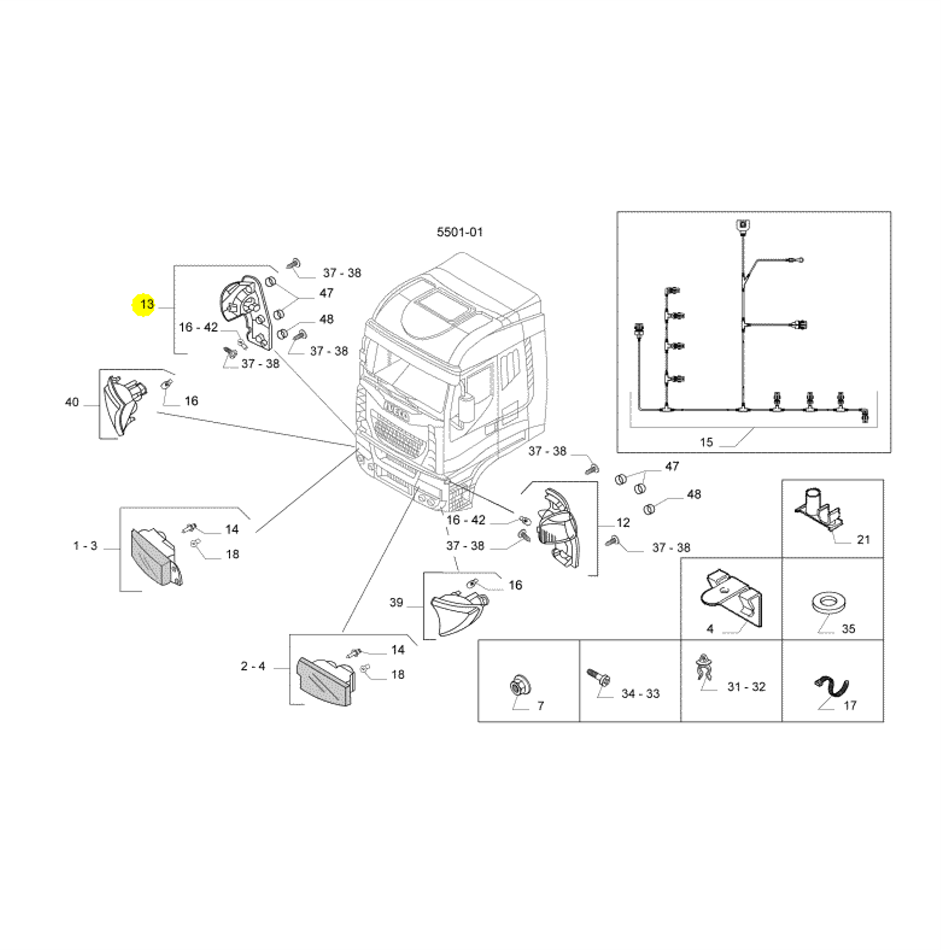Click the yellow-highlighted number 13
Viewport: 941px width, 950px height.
point(147,304)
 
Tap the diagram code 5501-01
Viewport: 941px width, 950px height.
point(460,232)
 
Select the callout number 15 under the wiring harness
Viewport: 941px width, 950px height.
point(706,443)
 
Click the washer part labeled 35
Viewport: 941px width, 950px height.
point(829,601)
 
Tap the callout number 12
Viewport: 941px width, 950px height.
point(623,523)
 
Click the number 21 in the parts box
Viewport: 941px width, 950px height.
point(863,540)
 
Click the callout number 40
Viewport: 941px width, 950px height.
point(72,402)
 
